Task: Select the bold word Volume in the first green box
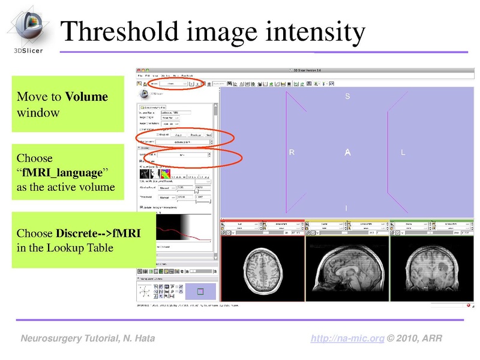(x=86, y=97)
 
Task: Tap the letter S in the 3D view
(x=347, y=97)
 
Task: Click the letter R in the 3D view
(x=292, y=153)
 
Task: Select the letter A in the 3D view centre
(x=347, y=154)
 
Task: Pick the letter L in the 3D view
(x=403, y=153)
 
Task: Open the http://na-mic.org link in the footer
(x=347, y=339)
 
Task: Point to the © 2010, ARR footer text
(x=415, y=339)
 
